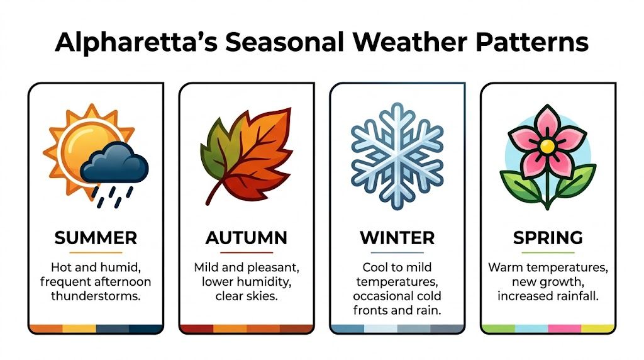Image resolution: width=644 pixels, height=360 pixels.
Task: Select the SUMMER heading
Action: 96,238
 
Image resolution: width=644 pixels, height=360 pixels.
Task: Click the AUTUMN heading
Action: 247,238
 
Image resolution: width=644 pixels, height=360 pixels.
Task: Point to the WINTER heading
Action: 397,238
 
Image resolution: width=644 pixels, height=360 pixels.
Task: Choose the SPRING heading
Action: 548,238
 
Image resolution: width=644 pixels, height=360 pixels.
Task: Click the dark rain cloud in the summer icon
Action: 116,162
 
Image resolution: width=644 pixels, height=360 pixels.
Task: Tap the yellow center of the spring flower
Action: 548,146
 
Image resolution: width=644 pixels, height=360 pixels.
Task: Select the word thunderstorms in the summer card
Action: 96,296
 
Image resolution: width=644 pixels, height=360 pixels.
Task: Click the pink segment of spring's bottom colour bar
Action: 564,329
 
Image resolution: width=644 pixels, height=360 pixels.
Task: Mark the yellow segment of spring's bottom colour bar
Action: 597,329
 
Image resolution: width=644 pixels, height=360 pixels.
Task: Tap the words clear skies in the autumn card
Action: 247,296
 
